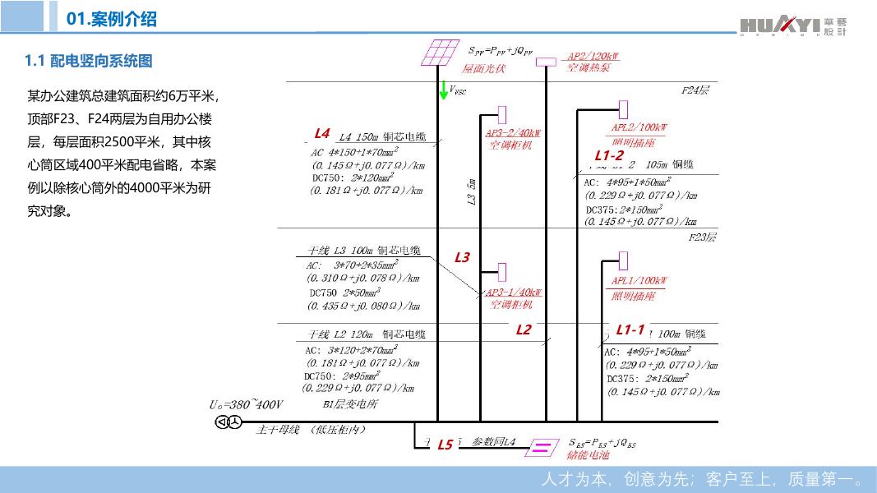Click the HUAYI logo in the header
point(792,26)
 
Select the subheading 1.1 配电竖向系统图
point(89,61)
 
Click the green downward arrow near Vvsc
point(444,90)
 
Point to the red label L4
point(322,133)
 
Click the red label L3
point(462,258)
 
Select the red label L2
point(524,329)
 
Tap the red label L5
point(445,445)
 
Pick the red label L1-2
point(609,155)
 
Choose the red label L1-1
point(630,329)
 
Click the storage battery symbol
point(541,447)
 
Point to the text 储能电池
point(589,454)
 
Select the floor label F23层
point(702,237)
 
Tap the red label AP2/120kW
point(593,57)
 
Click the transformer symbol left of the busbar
point(227,422)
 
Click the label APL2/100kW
point(639,127)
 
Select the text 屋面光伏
point(483,68)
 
